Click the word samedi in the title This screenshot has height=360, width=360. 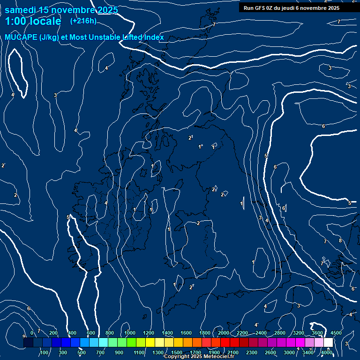click(x=22, y=10)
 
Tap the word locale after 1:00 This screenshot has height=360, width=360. click(x=45, y=21)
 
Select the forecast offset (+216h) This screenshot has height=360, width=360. click(x=83, y=21)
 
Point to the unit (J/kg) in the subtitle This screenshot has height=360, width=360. click(x=50, y=37)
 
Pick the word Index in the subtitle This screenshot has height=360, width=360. click(x=153, y=37)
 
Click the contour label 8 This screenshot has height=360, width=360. click(x=340, y=241)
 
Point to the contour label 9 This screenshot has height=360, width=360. click(x=24, y=337)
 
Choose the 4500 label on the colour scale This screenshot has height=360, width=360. click(x=336, y=333)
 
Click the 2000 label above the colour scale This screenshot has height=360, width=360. click(x=224, y=333)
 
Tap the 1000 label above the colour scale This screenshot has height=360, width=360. click(x=130, y=333)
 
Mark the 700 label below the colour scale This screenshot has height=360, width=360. click(x=100, y=352)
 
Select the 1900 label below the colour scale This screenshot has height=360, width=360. click(x=214, y=352)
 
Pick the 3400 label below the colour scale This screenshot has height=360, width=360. click(x=308, y=352)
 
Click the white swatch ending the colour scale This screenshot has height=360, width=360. click(x=328, y=343)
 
